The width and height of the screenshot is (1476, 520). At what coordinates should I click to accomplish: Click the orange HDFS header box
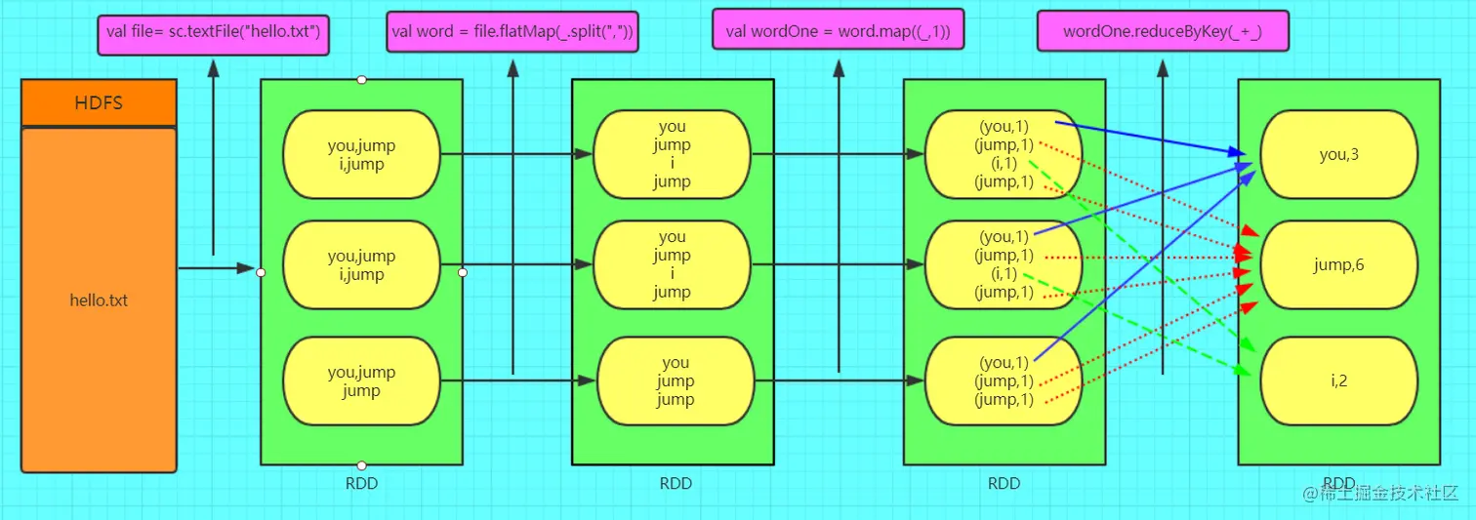click(99, 102)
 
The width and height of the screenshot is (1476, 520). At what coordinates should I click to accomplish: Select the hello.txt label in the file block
click(99, 300)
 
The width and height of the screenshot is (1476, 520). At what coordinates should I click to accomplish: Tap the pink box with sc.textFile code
click(214, 32)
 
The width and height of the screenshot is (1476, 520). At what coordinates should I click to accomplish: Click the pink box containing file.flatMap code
click(512, 32)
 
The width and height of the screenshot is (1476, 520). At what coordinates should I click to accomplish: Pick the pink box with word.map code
click(838, 32)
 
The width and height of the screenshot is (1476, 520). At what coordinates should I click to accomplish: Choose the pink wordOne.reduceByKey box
click(1162, 32)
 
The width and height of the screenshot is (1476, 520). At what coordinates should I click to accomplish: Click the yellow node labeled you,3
click(1338, 154)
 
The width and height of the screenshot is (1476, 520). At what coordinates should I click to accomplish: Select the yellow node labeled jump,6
click(1338, 264)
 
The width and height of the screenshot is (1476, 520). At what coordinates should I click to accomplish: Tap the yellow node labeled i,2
click(1338, 380)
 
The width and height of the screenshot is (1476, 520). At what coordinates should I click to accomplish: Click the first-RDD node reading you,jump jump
click(361, 381)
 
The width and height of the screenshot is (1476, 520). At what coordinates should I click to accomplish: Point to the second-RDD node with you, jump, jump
click(675, 381)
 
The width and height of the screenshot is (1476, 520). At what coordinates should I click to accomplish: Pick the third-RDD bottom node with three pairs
click(1004, 381)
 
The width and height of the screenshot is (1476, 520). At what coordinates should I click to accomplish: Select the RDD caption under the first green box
click(361, 483)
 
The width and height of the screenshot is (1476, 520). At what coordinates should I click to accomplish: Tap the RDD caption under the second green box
click(675, 483)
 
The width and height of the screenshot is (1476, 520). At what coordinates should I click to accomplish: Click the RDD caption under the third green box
click(1004, 483)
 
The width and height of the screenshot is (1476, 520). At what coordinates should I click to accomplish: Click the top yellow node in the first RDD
click(361, 154)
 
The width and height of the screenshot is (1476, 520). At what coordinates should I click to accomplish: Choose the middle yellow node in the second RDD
click(672, 264)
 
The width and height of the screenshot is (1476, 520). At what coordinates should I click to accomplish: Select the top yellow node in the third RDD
click(1004, 154)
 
